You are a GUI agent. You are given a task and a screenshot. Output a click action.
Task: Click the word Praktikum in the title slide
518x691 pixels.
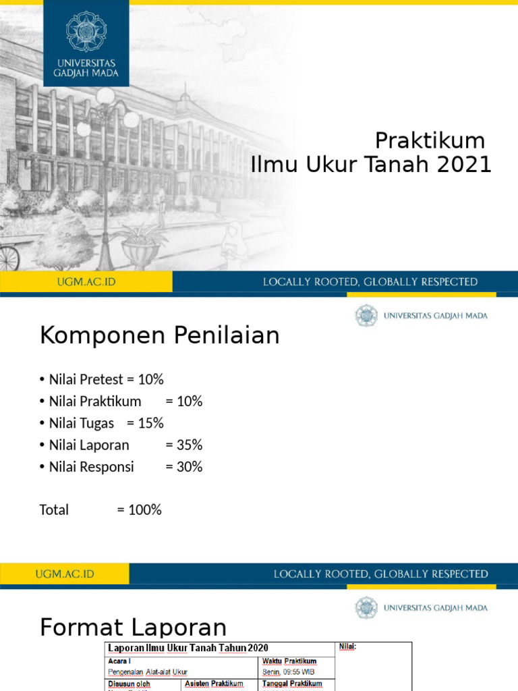[430, 140]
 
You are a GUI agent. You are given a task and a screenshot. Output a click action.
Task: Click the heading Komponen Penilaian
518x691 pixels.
[159, 335]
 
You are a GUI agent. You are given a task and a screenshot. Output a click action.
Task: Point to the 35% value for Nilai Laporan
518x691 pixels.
[183, 445]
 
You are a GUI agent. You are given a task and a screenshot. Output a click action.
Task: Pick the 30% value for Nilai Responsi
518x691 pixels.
[183, 466]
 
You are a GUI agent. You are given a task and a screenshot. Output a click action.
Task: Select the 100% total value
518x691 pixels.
[140, 509]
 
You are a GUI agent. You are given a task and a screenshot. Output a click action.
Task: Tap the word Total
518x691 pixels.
[54, 509]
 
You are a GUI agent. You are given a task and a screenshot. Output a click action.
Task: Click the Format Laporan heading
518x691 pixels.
[133, 628]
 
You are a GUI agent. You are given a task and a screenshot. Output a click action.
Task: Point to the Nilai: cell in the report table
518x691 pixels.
[347, 647]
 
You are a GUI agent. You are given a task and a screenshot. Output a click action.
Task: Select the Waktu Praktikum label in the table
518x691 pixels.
[289, 661]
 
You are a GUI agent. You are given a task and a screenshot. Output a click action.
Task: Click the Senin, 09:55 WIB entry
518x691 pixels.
[288, 672]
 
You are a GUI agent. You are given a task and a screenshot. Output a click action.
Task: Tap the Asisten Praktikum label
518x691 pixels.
[213, 684]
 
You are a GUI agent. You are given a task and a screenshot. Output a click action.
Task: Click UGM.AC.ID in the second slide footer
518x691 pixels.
[65, 574]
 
